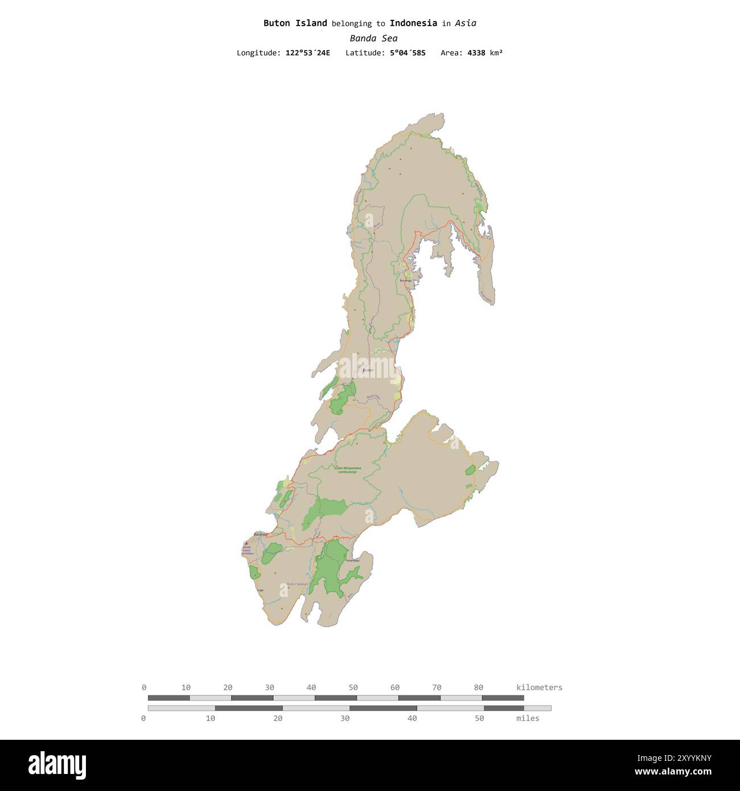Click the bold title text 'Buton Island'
pos(295,23)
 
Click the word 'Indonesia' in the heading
pos(413,23)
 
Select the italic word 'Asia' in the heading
pos(466,23)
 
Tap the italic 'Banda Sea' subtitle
pos(373,38)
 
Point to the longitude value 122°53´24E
pos(307,53)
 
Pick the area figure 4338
pos(476,53)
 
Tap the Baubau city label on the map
pos(261,534)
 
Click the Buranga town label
pos(405,281)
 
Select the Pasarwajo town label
pos(352,561)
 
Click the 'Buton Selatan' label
pos(297,584)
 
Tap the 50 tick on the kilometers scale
pos(353,687)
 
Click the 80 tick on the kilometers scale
pos(478,687)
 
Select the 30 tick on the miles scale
pos(345,718)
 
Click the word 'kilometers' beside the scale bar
pos(539,687)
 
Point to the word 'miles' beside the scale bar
pos(528,718)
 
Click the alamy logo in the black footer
pos(57,765)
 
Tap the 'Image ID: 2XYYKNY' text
pos(674,758)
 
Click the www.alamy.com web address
pos(673,772)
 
